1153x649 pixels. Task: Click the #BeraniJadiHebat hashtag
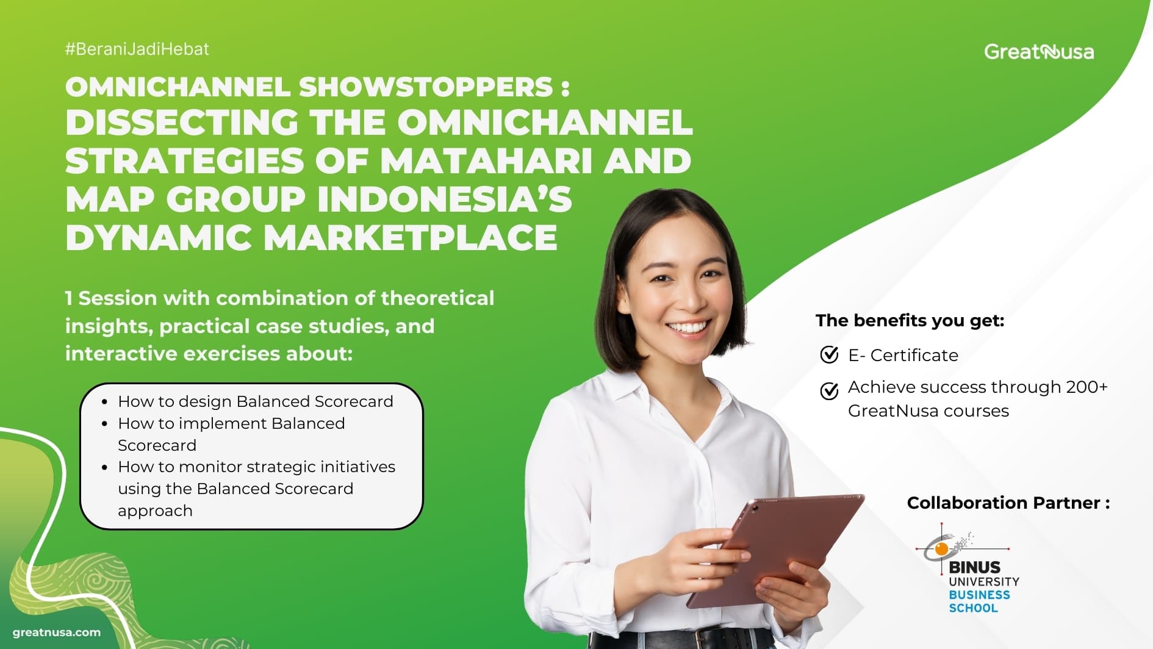[137, 49]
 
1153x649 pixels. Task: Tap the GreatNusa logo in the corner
[1039, 52]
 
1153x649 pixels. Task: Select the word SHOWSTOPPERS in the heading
[426, 87]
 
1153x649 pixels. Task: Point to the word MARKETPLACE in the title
[411, 237]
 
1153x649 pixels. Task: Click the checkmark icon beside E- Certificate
[829, 354]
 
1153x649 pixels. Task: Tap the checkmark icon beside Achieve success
[829, 390]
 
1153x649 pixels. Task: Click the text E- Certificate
[903, 355]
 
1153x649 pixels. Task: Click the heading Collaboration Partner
[1008, 503]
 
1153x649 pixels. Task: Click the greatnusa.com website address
[57, 633]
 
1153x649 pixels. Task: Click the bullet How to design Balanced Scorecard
[256, 401]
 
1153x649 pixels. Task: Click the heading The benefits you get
[910, 320]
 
